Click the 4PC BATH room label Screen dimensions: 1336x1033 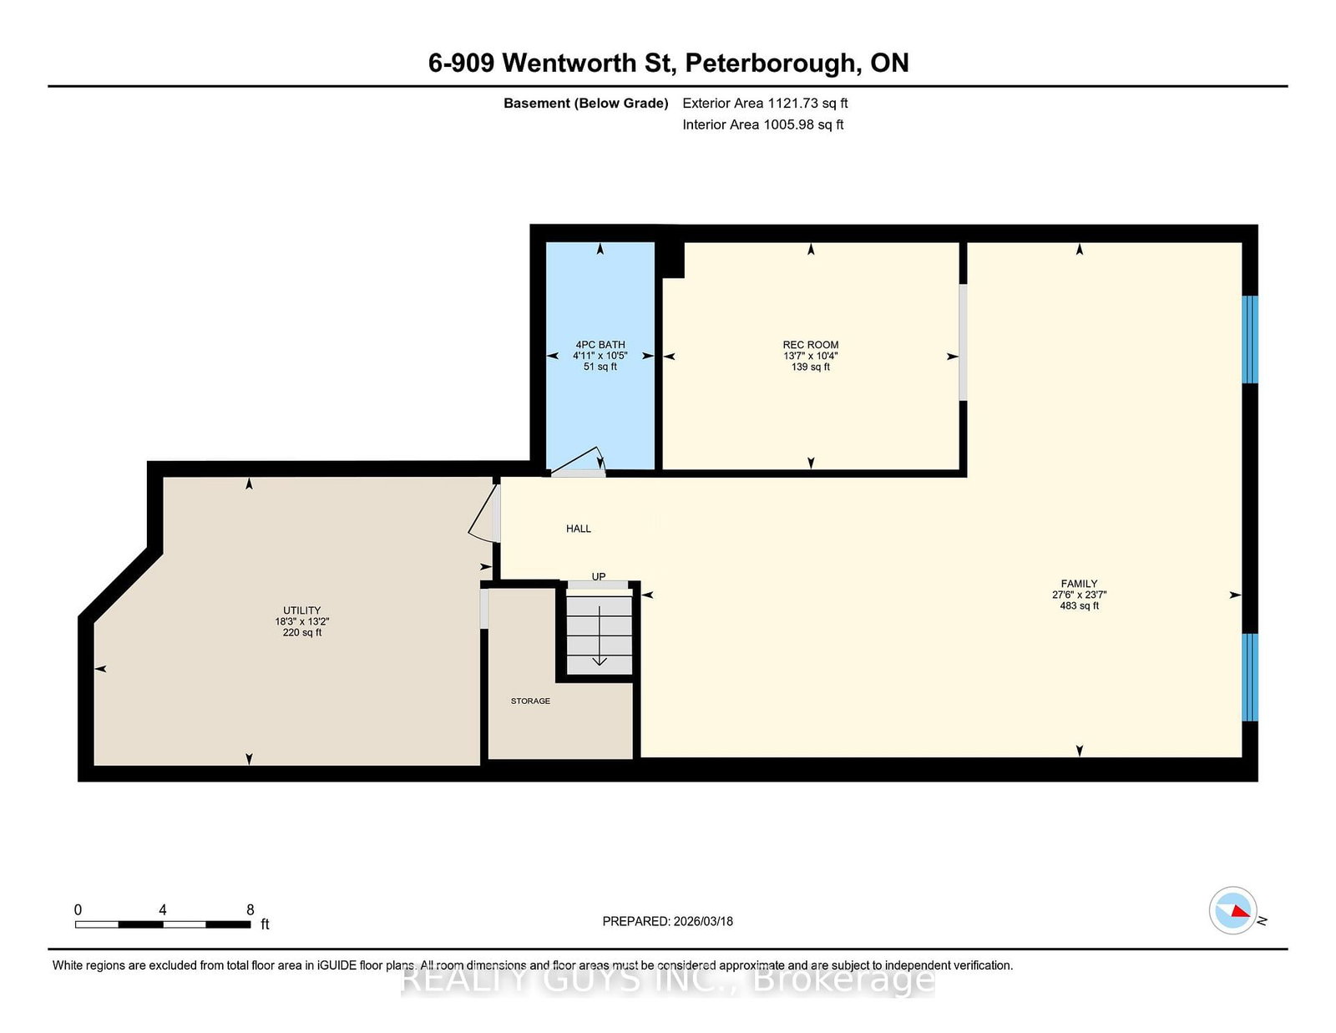(x=600, y=345)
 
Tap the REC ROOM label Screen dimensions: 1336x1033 (x=810, y=345)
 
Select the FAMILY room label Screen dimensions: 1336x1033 (x=1079, y=584)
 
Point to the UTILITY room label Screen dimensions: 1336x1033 (x=302, y=610)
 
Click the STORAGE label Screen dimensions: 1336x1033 (x=530, y=701)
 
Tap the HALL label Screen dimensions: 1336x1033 (x=579, y=528)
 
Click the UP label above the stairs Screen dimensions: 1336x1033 (x=598, y=576)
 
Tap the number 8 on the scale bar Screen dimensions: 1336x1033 (x=250, y=909)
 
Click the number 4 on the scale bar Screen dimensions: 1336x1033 (x=162, y=909)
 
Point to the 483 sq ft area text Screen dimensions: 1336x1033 (x=1079, y=605)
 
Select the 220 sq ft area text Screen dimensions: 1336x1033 (x=302, y=632)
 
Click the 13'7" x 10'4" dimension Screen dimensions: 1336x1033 (x=810, y=356)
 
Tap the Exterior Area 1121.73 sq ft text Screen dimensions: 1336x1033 (x=765, y=104)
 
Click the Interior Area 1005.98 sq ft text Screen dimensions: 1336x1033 (x=763, y=124)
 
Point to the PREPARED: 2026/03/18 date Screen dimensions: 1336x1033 (x=668, y=921)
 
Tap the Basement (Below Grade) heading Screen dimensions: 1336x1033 (x=586, y=104)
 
